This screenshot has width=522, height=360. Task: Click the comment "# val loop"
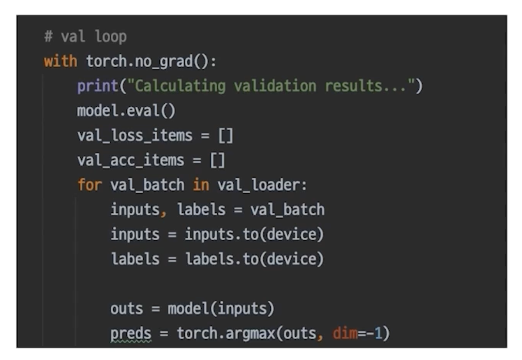[x=85, y=37]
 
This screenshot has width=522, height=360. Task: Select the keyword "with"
[x=60, y=62]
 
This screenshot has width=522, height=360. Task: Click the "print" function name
[x=98, y=87]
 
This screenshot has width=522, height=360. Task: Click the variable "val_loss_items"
[x=135, y=136]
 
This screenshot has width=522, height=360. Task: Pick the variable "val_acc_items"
[x=130, y=160]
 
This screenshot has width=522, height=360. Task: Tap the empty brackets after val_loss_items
[x=225, y=136]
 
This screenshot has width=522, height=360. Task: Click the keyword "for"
[x=90, y=185]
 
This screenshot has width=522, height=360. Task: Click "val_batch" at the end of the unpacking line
[x=287, y=210]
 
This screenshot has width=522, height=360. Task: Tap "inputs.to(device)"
[x=254, y=235]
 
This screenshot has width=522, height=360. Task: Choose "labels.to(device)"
[x=254, y=259]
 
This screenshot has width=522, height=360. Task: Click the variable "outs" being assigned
[x=127, y=309]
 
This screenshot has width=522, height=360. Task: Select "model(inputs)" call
[x=221, y=309]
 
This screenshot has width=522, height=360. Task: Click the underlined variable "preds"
[x=130, y=333]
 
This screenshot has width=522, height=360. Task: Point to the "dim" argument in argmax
[x=345, y=333]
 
